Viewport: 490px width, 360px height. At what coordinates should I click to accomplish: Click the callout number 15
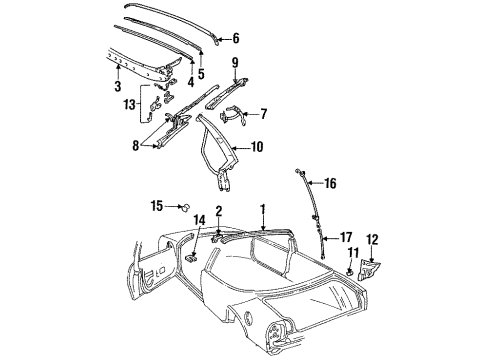click(157, 206)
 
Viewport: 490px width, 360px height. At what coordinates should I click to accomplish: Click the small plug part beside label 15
click(185, 207)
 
